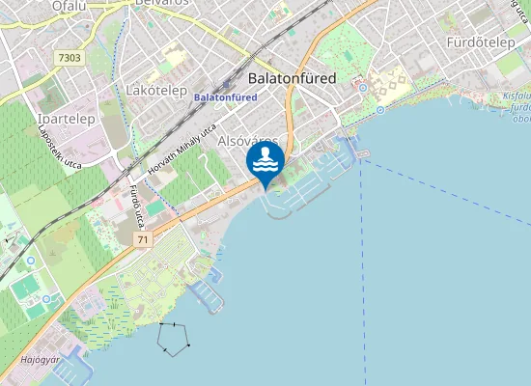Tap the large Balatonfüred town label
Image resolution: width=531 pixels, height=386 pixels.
[x=293, y=77]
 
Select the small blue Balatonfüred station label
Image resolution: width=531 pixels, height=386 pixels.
[x=225, y=97]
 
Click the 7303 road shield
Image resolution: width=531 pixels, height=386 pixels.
[x=70, y=59]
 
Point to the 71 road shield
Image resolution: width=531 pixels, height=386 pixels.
[x=143, y=238]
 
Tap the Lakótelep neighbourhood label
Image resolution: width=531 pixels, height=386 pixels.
[x=156, y=90]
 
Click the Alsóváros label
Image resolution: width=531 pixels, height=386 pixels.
[x=249, y=141]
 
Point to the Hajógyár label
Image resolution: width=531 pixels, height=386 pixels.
[x=40, y=361]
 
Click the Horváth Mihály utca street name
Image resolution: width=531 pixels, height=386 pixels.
[x=181, y=149]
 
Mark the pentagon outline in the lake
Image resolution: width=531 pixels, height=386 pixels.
[x=174, y=339]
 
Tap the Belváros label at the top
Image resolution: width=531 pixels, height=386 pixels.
[x=160, y=3]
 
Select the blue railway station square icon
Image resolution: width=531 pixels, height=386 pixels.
[x=227, y=84]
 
